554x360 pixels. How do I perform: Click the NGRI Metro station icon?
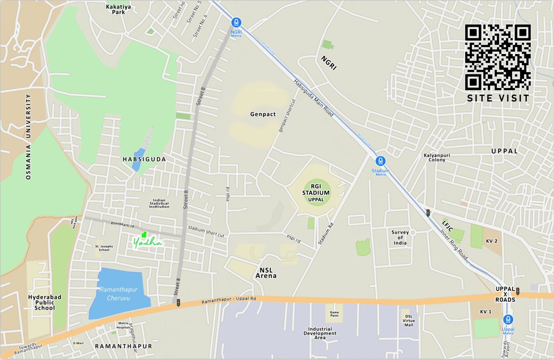(236, 22)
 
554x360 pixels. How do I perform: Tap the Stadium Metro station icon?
(381, 161)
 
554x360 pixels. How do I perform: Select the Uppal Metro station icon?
(508, 319)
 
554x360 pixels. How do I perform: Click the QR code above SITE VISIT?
(498, 57)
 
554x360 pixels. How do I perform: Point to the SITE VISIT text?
(498, 98)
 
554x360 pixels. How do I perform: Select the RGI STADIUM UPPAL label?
(316, 193)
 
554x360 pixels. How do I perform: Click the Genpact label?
(263, 114)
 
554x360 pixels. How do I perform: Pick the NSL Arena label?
(266, 273)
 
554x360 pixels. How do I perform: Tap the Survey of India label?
(400, 237)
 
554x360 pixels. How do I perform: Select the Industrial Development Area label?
(320, 333)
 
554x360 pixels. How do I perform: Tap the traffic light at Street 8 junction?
(178, 303)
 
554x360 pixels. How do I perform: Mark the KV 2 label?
(492, 240)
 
